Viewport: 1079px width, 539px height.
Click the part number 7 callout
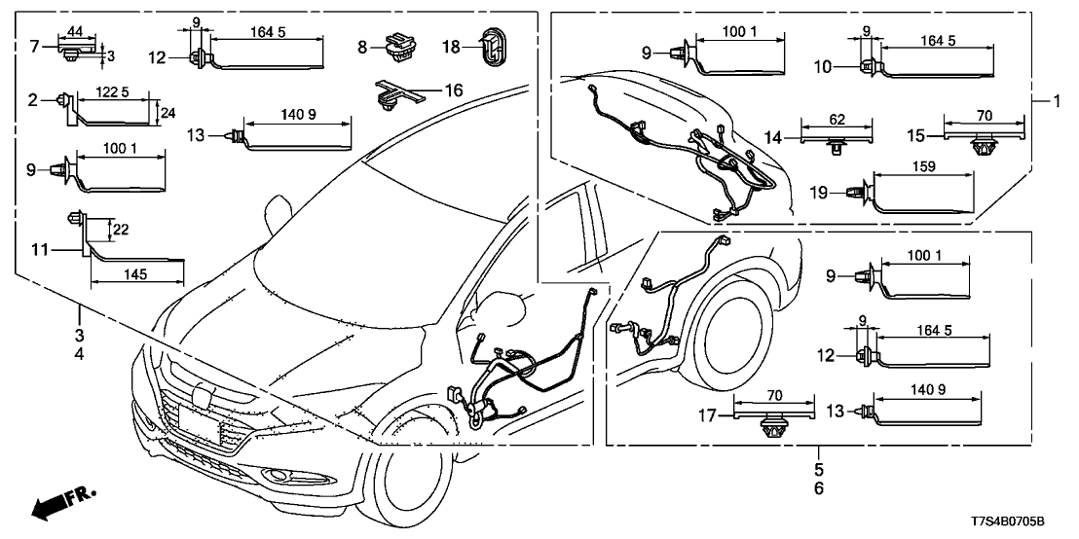click(x=33, y=45)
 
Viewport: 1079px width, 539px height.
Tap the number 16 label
click(x=454, y=90)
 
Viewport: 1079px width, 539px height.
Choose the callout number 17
click(x=708, y=415)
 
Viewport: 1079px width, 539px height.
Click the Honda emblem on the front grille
click(x=204, y=396)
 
